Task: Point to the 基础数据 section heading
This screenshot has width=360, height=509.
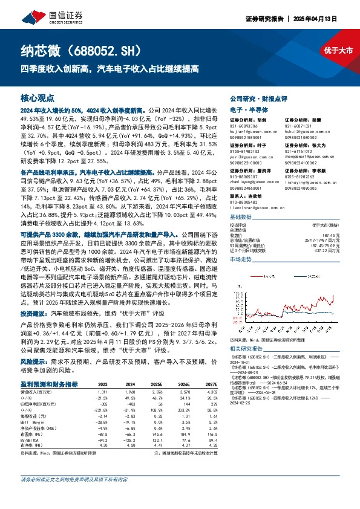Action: (x=243, y=216)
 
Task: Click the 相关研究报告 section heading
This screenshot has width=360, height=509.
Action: (x=249, y=349)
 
